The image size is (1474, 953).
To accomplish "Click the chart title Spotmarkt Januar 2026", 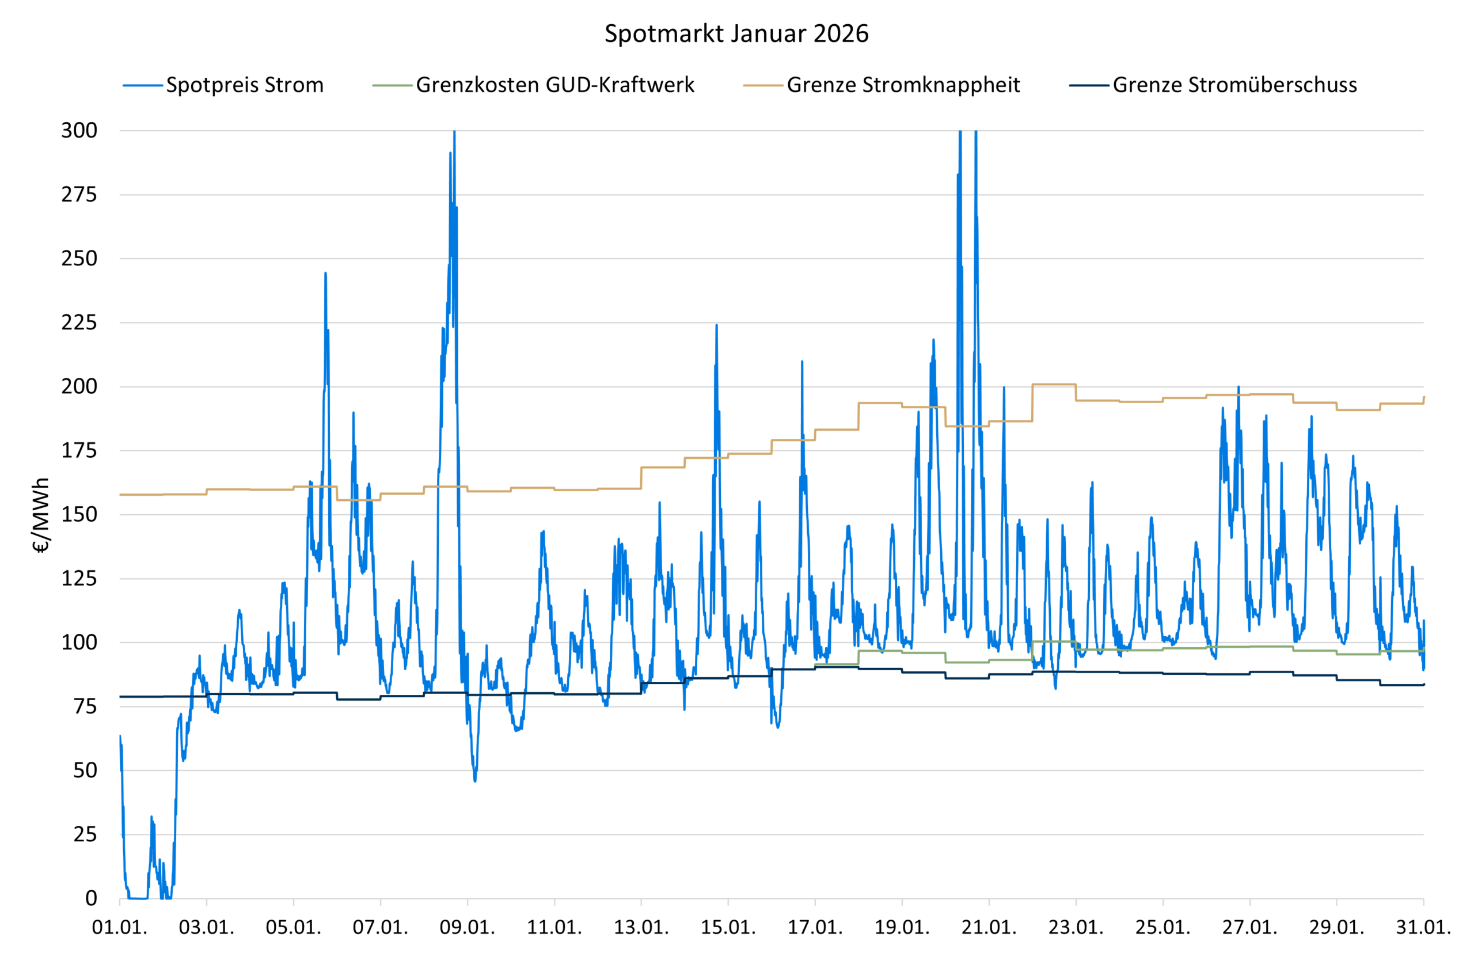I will coord(736,33).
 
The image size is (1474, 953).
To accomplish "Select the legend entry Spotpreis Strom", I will coord(245,85).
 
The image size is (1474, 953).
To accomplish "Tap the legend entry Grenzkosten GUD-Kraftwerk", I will coord(554,85).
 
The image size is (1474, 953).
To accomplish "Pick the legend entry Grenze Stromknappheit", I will coord(903,85).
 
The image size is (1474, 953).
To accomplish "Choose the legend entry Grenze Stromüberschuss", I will coord(1234,85).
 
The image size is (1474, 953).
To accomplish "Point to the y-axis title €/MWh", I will coord(40,514).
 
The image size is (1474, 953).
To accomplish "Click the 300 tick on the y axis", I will coord(79,131).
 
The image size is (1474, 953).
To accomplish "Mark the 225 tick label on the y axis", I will coord(79,322).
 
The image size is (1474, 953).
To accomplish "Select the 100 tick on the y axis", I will coord(79,643).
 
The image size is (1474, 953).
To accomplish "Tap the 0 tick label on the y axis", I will coord(91,898).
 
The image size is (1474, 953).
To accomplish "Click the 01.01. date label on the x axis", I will coord(119,928).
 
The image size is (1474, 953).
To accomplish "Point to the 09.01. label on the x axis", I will coord(467,928).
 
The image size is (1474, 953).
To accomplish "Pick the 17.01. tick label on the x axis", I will coord(815,928).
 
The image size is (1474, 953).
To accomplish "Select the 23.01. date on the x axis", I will coord(1076,928).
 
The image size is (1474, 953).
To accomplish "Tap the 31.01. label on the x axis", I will coord(1423,928).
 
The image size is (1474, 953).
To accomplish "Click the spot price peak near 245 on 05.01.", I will coord(325,274).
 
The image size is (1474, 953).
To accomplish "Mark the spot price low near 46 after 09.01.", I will coord(474,781).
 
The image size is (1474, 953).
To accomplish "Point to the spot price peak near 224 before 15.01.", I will coord(717,325).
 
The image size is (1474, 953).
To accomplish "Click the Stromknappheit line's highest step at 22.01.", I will coord(1053,384).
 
